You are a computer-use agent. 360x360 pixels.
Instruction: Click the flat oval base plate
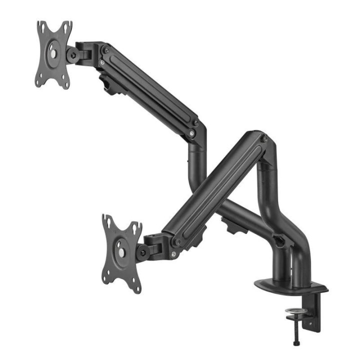290,287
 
